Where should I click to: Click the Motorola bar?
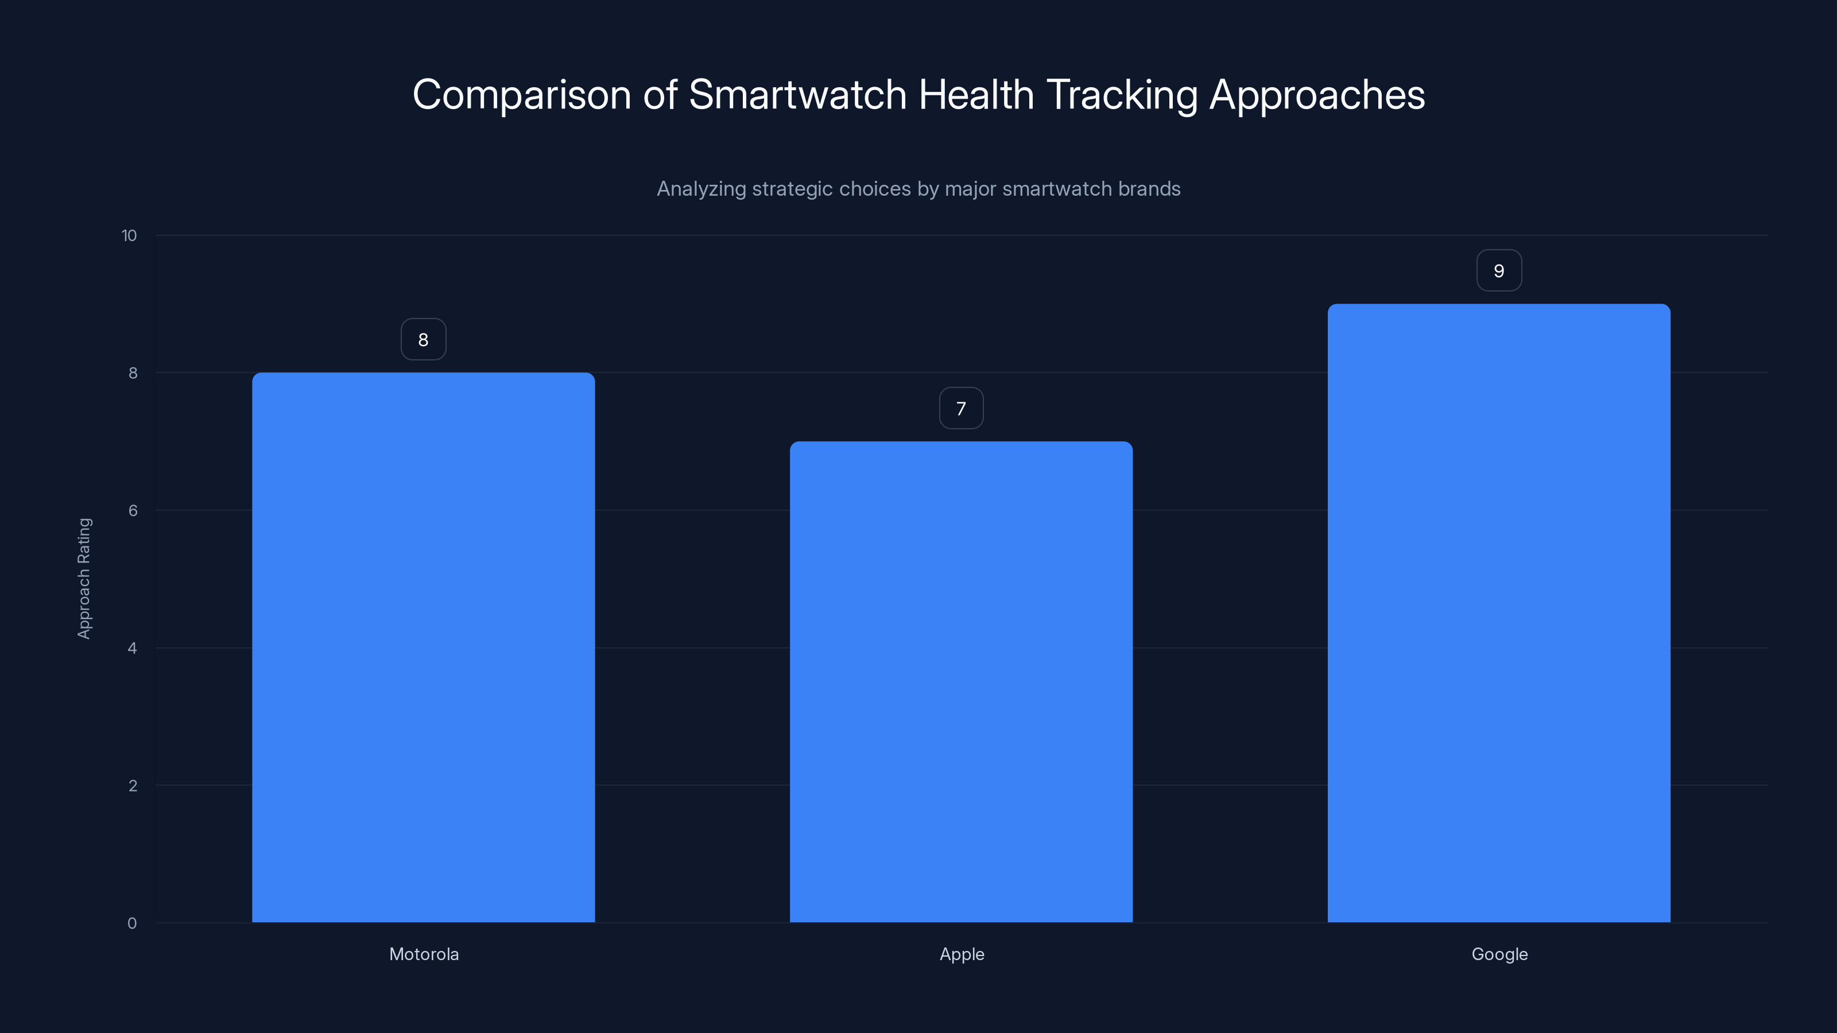[423, 647]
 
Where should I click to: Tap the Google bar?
[1498, 613]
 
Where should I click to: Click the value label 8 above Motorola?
[423, 339]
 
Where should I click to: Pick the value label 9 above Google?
[1498, 271]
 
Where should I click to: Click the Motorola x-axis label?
[424, 954]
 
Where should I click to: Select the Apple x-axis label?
[962, 954]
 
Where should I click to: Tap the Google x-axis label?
[1499, 954]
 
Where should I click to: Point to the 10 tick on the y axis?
[129, 236]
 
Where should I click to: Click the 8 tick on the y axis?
[133, 373]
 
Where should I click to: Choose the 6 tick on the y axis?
[133, 510]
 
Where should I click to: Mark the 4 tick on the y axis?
[133, 648]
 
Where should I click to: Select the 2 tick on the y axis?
[133, 786]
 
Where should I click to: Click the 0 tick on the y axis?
[132, 923]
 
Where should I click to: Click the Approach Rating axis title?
[84, 578]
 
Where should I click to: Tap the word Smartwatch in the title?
[797, 95]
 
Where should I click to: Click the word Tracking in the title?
[1122, 95]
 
